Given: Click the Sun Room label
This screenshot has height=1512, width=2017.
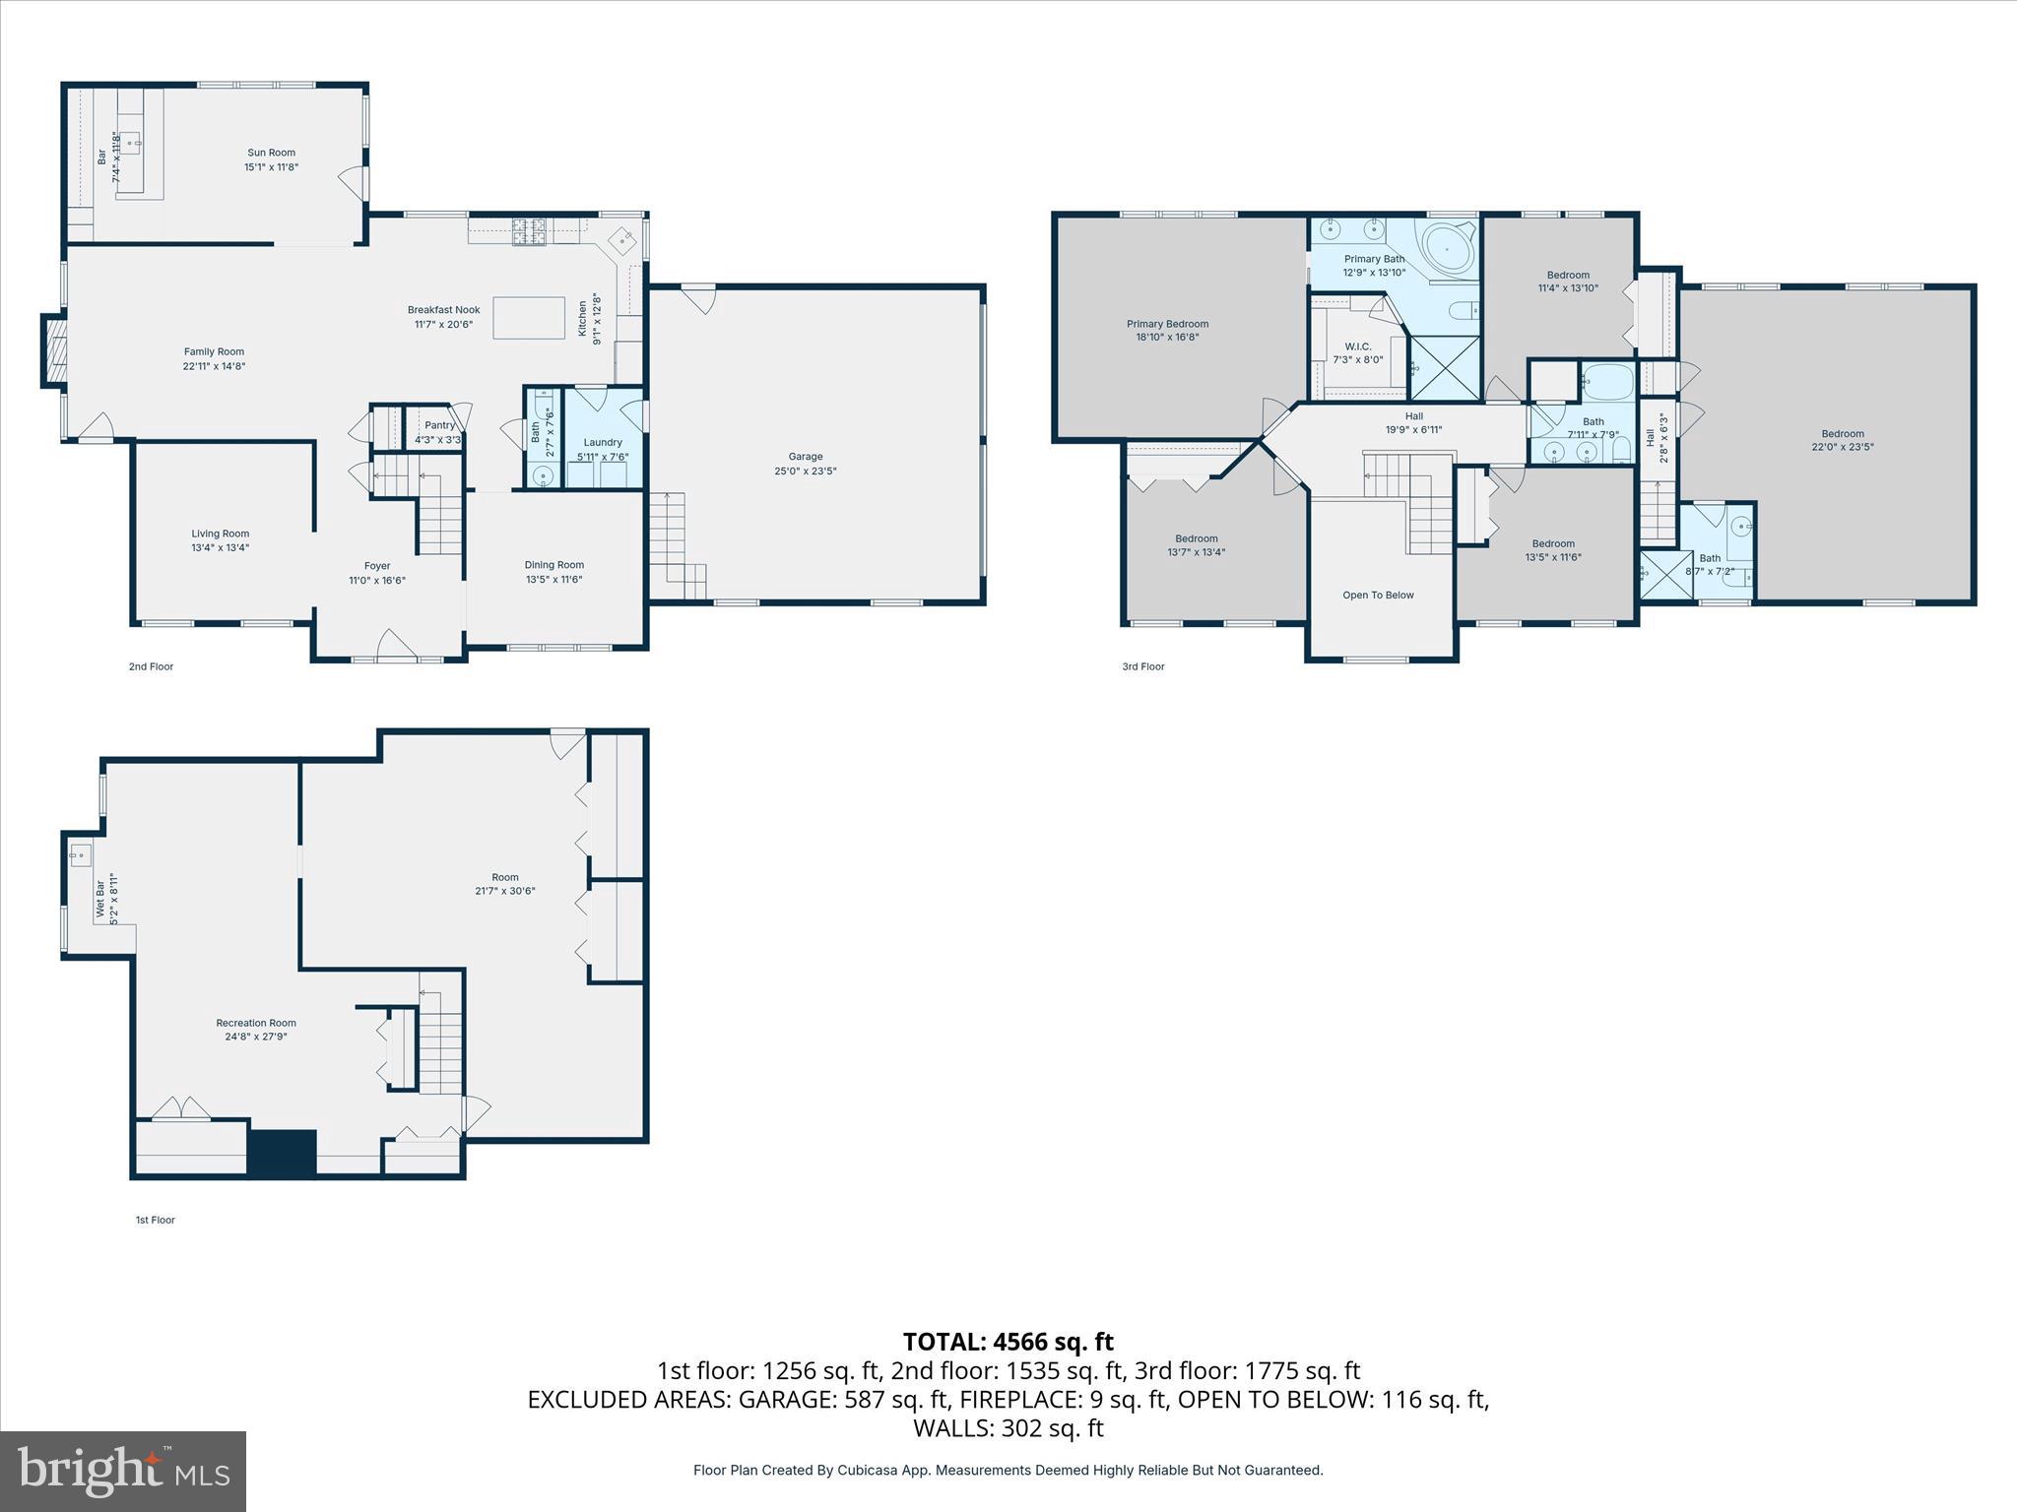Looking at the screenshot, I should pyautogui.click(x=271, y=153).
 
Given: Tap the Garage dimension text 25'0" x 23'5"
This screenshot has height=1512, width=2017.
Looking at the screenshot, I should pyautogui.click(x=805, y=472).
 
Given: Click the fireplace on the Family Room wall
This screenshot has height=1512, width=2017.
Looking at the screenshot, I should pyautogui.click(x=55, y=349).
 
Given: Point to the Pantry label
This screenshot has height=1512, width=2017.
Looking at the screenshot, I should pyautogui.click(x=439, y=425).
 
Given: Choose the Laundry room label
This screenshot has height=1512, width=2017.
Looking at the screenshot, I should pyautogui.click(x=602, y=442).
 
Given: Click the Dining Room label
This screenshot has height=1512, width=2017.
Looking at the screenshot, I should pyautogui.click(x=553, y=565).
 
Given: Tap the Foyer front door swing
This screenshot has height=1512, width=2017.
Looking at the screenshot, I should pyautogui.click(x=395, y=644).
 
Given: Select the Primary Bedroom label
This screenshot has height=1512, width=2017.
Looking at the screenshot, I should pyautogui.click(x=1167, y=324).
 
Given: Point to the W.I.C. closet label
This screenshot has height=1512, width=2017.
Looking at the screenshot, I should pyautogui.click(x=1357, y=346).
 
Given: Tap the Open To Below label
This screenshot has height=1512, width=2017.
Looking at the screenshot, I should pyautogui.click(x=1378, y=596).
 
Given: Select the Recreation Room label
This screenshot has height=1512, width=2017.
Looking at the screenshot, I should pyautogui.click(x=256, y=1023).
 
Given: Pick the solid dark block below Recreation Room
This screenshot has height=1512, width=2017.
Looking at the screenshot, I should pyautogui.click(x=282, y=1153).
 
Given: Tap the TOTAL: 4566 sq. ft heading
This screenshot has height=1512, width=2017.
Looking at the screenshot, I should pyautogui.click(x=1008, y=1342).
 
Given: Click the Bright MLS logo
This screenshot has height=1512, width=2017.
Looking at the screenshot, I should pyautogui.click(x=123, y=1471).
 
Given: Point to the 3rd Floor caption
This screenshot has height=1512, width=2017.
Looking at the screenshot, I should pyautogui.click(x=1142, y=666).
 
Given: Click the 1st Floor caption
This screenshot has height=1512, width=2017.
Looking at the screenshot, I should pyautogui.click(x=155, y=1220).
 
